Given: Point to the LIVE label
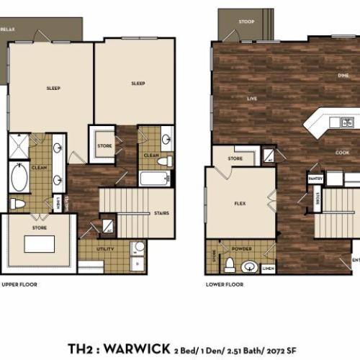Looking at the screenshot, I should (x=252, y=98).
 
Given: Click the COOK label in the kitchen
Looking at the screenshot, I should (x=342, y=152).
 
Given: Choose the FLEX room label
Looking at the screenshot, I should (x=240, y=203).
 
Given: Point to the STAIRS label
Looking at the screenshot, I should (x=161, y=213).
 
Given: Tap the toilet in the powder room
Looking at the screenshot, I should (x=229, y=266).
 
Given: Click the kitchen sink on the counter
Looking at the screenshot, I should (x=346, y=122).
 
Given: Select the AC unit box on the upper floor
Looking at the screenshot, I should (x=107, y=227).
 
